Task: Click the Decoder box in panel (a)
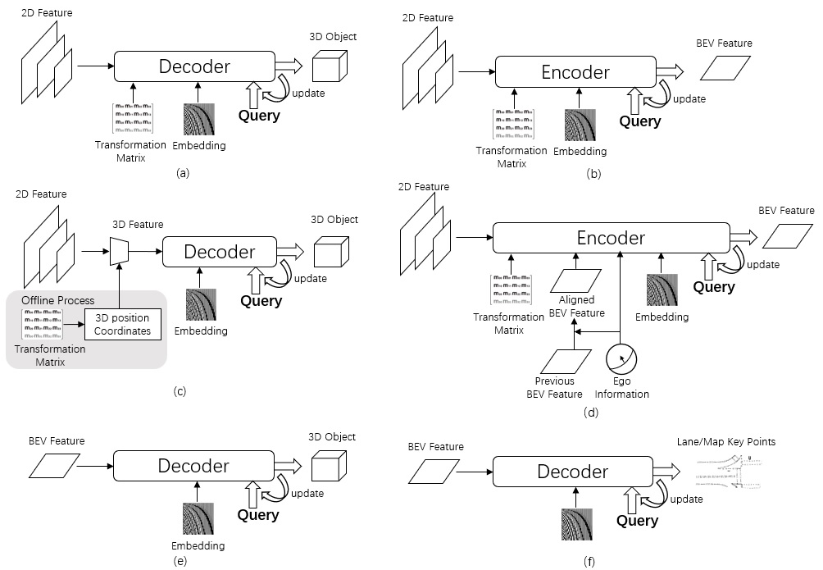click(194, 66)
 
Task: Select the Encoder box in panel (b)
click(575, 72)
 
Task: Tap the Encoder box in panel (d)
click(612, 238)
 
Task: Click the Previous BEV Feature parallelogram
click(561, 360)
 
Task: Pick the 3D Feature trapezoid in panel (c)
click(121, 249)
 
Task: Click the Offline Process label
click(48, 300)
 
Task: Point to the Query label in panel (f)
click(637, 520)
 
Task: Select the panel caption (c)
click(180, 391)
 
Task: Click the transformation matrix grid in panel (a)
click(133, 118)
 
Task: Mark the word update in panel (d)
click(762, 264)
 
